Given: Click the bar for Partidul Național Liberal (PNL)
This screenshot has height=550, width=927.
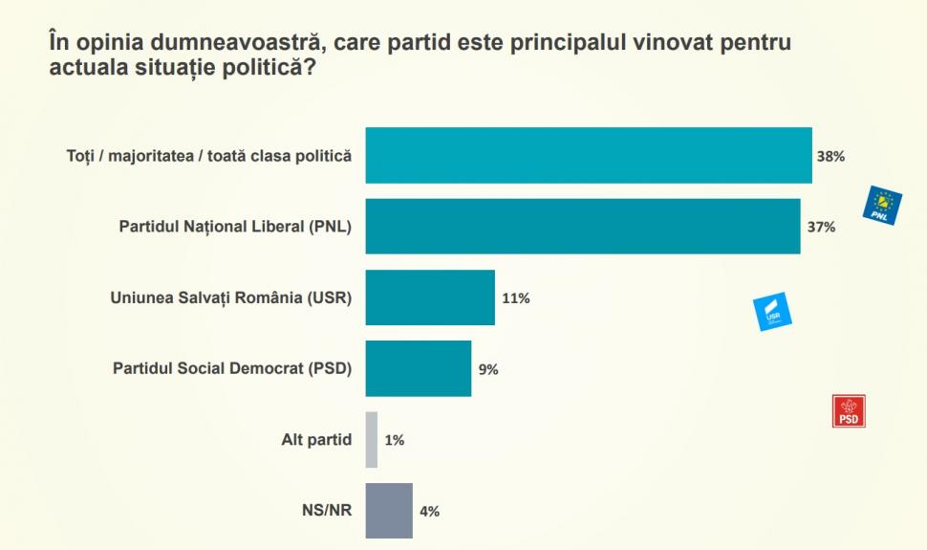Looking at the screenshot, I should [x=583, y=226].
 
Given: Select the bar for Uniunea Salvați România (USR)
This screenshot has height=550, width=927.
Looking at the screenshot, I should [x=430, y=297].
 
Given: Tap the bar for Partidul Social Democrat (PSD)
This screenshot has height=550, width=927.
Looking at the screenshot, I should [x=419, y=368].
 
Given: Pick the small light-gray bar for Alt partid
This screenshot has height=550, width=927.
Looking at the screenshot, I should [x=372, y=440].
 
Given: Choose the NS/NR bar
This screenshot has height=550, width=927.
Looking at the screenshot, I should [x=389, y=511].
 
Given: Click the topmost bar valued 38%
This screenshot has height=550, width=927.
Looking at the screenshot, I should [x=589, y=155].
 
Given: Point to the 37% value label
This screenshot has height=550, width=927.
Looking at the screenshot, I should [x=822, y=227].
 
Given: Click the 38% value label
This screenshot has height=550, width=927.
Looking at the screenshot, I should [x=830, y=155].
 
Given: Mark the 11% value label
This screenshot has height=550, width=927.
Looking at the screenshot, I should [x=516, y=297].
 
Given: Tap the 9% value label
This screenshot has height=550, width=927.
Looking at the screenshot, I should [x=489, y=369].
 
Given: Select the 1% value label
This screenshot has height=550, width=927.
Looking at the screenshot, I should [x=395, y=440].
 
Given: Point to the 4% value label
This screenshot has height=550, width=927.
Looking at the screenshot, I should [x=430, y=511].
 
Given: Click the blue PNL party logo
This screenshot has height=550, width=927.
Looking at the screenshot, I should [x=882, y=205].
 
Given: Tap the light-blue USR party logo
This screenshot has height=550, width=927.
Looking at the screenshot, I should [x=774, y=311].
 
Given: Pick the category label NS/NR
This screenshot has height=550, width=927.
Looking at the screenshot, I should [x=328, y=511].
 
